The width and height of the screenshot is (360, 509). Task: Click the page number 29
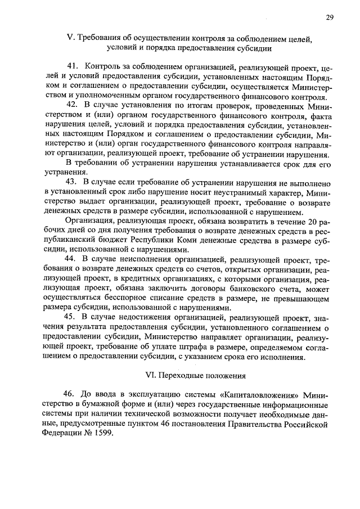[x=329, y=17]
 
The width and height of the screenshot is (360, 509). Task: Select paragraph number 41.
[x=72, y=67]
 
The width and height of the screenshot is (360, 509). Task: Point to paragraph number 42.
[x=72, y=105]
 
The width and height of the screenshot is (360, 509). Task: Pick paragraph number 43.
[x=72, y=182]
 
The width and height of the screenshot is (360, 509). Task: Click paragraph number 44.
[x=72, y=259]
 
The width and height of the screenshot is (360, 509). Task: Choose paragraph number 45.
[x=72, y=317]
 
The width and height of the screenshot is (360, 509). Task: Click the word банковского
[x=222, y=288]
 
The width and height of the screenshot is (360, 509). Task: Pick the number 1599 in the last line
[x=101, y=434]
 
